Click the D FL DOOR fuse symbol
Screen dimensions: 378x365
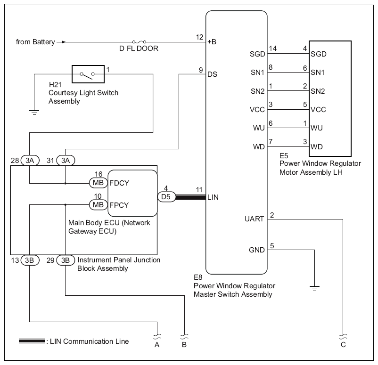pos(140,42)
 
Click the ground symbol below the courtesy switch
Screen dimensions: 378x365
pos(34,112)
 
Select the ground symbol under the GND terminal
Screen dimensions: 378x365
pos(314,288)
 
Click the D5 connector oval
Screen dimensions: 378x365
pos(166,197)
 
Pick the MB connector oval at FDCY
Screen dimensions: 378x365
pos(99,183)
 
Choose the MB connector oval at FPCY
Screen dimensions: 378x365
pos(99,205)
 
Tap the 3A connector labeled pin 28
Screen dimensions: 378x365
pos(30,161)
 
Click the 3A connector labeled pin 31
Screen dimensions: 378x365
pos(66,161)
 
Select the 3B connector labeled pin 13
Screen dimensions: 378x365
pos(30,260)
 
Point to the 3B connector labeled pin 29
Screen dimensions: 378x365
pos(66,260)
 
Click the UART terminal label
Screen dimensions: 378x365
pos(255,219)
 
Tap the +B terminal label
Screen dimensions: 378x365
pos(212,42)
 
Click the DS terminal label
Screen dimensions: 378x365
pos(213,74)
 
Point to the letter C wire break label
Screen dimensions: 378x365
pos(343,345)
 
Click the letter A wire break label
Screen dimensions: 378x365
pos(157,345)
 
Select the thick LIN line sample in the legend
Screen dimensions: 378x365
pos(32,341)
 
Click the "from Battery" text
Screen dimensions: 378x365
pos(35,42)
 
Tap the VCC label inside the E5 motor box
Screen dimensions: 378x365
pos(318,110)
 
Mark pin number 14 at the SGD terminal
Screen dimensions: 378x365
pos(273,49)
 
